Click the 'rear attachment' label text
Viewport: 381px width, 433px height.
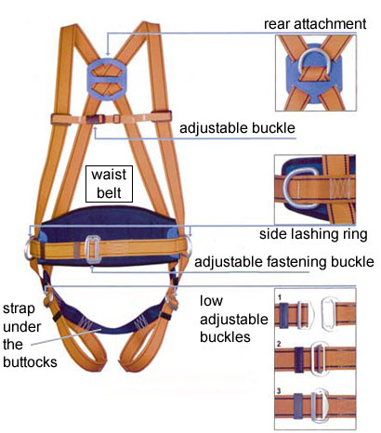coord(315,24)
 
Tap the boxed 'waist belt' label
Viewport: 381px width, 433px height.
coord(109,184)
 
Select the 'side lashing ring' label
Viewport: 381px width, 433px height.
coord(313,234)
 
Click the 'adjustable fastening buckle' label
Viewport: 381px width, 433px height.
coord(284,262)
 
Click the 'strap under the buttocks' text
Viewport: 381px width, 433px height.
coord(30,335)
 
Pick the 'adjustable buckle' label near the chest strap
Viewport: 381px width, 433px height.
coord(237,128)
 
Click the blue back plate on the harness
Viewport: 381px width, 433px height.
coord(107,78)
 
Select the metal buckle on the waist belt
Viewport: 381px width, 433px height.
coord(93,249)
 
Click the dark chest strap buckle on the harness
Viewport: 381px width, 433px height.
coord(96,119)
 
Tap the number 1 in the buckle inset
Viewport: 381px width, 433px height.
coord(280,297)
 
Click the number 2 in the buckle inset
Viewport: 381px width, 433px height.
coord(279,344)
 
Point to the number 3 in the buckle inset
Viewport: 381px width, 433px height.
coord(279,391)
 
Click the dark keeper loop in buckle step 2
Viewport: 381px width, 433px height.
coord(299,360)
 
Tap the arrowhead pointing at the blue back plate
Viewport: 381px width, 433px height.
coord(108,54)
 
